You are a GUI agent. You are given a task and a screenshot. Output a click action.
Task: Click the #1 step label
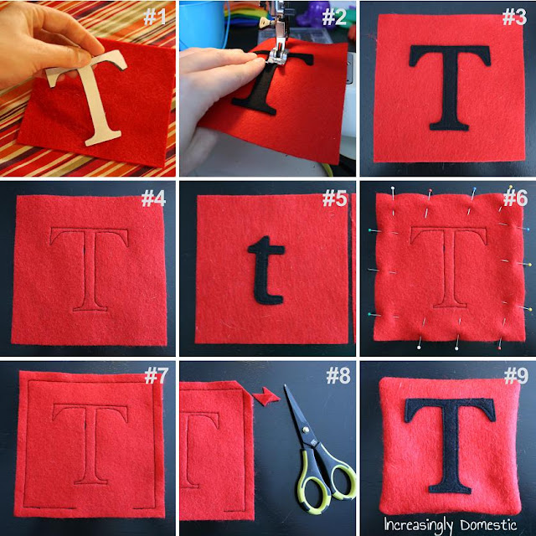coord(154,17)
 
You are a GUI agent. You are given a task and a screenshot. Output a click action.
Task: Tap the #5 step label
coord(334,198)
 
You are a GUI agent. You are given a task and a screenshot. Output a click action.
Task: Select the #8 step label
coord(338,376)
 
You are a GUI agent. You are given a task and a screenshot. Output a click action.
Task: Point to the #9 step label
coord(516,375)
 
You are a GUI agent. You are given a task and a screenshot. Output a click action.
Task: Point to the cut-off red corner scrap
coord(266,396)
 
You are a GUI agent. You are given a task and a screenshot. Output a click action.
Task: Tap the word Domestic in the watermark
coord(488,524)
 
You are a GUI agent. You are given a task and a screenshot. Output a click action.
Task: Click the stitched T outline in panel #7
coord(90,444)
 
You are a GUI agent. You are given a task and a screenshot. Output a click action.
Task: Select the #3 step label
coord(514,17)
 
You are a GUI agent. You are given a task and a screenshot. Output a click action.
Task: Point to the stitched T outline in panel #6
coord(449,266)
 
